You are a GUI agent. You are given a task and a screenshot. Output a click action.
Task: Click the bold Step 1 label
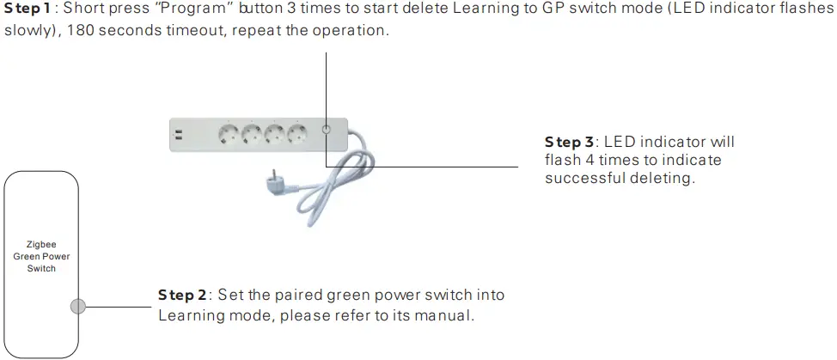point(27,10)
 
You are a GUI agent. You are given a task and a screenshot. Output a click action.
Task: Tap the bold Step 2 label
point(181,295)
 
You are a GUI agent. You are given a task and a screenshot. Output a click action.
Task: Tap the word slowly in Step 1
point(27,31)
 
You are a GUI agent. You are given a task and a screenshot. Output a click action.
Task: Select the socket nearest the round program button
point(297,134)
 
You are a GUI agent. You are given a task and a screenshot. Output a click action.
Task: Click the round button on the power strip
point(326,131)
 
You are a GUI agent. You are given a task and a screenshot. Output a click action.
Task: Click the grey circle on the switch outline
point(78,306)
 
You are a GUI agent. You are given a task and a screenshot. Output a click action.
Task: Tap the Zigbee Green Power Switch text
point(41,256)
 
